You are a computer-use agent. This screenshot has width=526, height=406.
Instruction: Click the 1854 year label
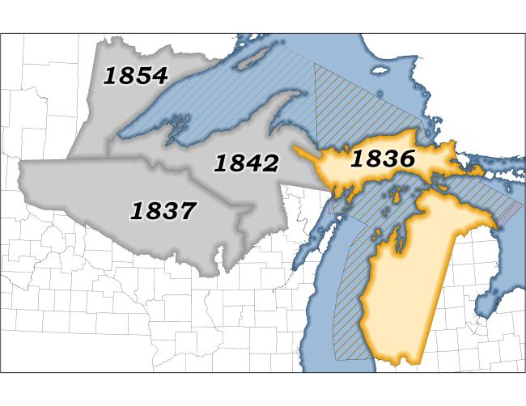click(x=136, y=76)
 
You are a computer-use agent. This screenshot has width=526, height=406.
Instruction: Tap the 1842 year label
click(x=246, y=163)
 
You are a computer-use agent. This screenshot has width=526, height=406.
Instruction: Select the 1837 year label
click(x=163, y=211)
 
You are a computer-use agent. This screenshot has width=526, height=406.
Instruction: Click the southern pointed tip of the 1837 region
click(x=218, y=272)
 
